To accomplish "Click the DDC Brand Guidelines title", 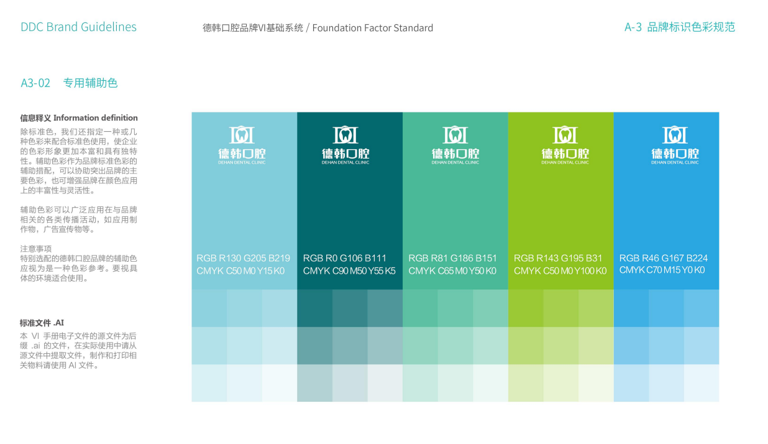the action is pos(78,27).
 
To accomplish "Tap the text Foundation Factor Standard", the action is pos(372,28).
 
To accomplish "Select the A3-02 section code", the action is pos(35,83).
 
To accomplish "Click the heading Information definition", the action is pos(95,118).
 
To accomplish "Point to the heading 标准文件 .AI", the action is pos(42,323).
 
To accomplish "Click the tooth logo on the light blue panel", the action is pos(242,134).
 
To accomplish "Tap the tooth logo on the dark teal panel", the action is pos(345,134).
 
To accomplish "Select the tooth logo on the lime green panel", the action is pos(565,134).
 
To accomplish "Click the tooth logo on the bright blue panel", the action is pos(675,134).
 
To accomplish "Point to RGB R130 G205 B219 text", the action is pos(243,258).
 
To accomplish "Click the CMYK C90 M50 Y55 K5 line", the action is pos(349,271).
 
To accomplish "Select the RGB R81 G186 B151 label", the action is pos(452,258).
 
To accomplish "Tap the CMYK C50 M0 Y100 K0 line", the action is pos(560,271).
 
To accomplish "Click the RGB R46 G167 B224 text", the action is pos(664,258).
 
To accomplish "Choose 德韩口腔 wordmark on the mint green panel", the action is pos(455,154).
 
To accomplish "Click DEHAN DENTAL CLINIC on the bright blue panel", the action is pos(675,163).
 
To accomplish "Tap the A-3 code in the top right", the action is pos(633,27).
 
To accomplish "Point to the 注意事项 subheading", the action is pos(35,249).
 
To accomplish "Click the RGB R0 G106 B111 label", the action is pos(345,258).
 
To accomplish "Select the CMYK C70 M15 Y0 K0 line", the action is pos(662,270).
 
